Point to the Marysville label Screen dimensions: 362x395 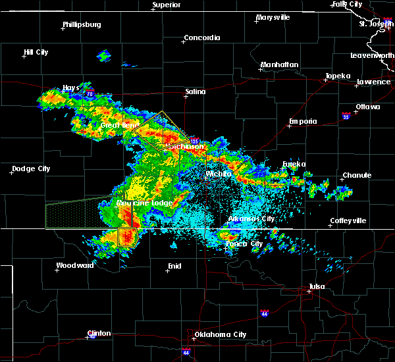[x=274, y=17]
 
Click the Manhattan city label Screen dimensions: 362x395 [x=279, y=65]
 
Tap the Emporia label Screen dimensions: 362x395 [x=303, y=121]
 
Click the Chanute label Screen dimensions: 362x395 [x=356, y=176]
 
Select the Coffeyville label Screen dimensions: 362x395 [x=348, y=220]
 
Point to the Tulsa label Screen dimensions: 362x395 [x=317, y=286]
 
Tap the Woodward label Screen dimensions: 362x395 [x=74, y=265]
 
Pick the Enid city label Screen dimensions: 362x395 [x=174, y=265]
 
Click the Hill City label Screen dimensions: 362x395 [x=38, y=52]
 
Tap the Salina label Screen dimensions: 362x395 [x=195, y=92]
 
